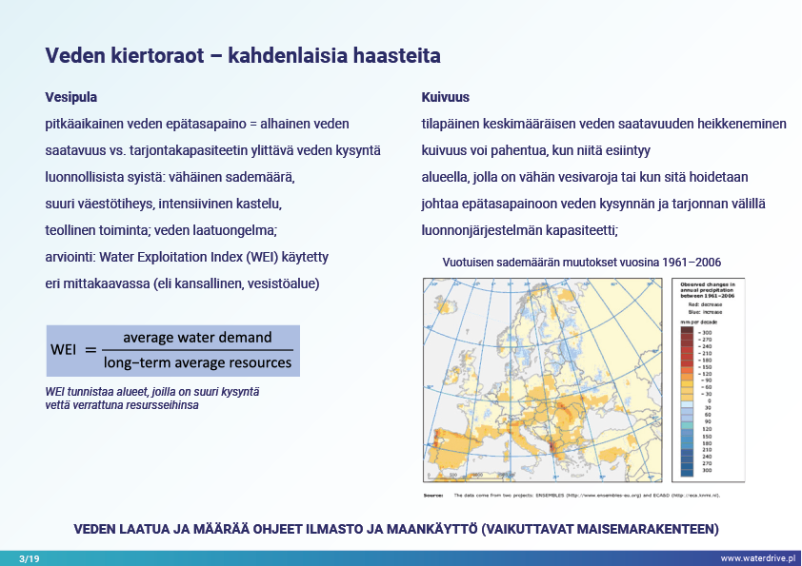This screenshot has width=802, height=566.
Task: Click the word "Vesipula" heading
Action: coord(71,97)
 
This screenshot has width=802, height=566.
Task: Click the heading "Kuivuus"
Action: coord(445,97)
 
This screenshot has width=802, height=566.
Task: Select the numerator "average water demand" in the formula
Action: coord(197,338)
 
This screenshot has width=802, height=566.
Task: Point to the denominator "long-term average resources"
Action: coord(197,361)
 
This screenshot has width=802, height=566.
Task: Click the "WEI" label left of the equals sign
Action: coord(64,350)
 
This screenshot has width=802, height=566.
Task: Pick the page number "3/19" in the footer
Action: coord(30,557)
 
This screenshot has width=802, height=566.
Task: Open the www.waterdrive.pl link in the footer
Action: coord(756,557)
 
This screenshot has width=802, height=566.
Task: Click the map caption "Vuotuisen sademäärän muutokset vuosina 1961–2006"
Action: coord(581,263)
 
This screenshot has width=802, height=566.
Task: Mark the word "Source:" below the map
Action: coord(434,496)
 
